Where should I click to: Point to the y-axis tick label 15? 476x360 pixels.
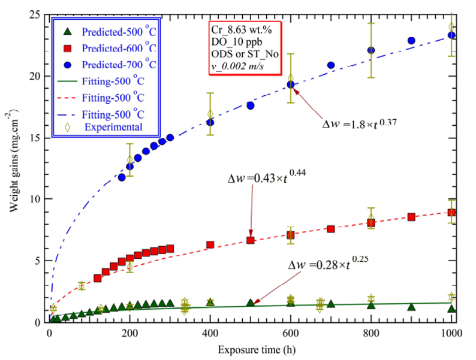(35, 137)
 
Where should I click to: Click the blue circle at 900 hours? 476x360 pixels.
(411, 41)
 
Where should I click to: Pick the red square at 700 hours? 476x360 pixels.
(331, 229)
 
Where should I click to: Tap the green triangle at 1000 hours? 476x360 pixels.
(451, 308)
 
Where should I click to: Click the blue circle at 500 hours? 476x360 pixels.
(251, 105)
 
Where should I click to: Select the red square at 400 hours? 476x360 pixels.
(210, 244)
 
